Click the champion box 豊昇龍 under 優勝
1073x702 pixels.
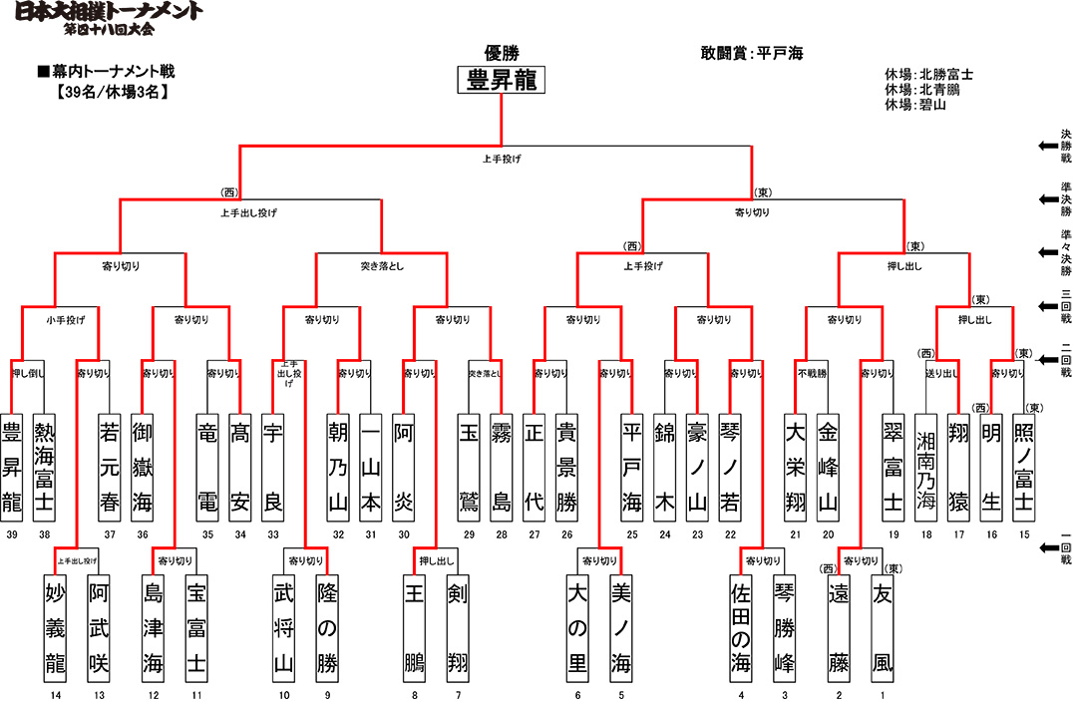(x=502, y=81)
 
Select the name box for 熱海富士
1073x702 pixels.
(x=44, y=466)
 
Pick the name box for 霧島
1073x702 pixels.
(x=502, y=466)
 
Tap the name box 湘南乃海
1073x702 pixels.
(x=926, y=466)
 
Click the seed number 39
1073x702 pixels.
(x=12, y=535)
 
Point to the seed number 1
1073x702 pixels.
(x=882, y=694)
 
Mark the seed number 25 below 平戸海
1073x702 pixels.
(x=632, y=535)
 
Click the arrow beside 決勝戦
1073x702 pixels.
(x=1048, y=146)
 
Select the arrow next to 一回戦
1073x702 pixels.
(x=1048, y=547)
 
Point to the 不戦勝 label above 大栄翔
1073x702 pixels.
(x=811, y=374)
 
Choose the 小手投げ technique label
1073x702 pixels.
(x=57, y=320)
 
